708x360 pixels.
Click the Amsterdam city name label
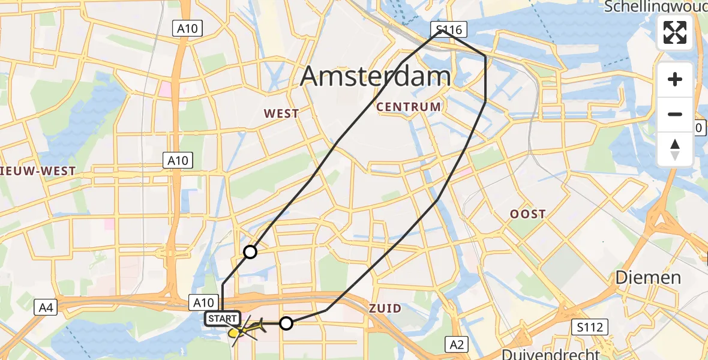click(375, 77)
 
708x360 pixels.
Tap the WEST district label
click(281, 113)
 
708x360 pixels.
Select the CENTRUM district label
click(409, 107)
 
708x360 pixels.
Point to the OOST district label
click(527, 214)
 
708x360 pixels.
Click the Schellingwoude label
click(656, 7)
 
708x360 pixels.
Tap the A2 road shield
click(457, 344)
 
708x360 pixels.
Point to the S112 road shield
click(590, 327)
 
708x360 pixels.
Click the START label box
click(223, 319)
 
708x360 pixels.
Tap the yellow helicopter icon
click(247, 329)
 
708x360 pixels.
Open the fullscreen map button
click(675, 32)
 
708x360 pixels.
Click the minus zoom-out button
click(675, 114)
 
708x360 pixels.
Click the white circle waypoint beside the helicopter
click(286, 323)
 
